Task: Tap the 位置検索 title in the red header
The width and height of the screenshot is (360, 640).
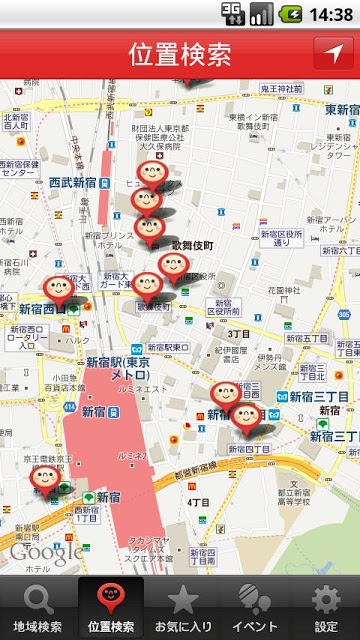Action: pos(179,54)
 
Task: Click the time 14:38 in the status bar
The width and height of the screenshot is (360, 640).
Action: pos(331,14)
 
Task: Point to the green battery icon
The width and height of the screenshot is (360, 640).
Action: pos(291,14)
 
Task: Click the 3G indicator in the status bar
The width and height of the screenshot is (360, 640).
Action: pos(232,12)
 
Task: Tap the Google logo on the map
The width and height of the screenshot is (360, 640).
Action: pos(46,551)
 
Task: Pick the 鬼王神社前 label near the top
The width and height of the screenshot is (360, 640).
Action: pos(280,89)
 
